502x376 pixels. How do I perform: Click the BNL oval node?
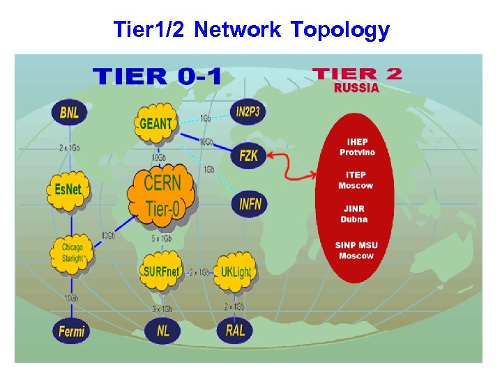[x=70, y=112]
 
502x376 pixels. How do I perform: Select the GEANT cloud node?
[x=156, y=123]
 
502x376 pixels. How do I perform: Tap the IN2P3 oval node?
[x=249, y=111]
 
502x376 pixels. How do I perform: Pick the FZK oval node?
[x=248, y=156]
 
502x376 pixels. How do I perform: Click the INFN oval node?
[x=250, y=204]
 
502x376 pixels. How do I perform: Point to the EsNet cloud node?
[x=68, y=188]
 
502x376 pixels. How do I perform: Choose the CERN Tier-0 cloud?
[x=162, y=196]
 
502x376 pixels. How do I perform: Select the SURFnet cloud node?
[x=161, y=271]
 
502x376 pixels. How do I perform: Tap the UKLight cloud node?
[x=235, y=272]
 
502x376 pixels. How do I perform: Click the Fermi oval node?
[x=71, y=330]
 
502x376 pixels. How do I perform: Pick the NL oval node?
[x=162, y=331]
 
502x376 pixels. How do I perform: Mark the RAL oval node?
[x=235, y=329]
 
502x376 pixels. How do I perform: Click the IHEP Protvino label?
[x=357, y=147]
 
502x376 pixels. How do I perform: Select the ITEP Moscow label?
[x=356, y=180]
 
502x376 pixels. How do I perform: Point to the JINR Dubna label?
[x=354, y=214]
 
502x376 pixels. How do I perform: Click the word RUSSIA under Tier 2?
[x=356, y=88]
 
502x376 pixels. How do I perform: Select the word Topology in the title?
[x=340, y=30]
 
